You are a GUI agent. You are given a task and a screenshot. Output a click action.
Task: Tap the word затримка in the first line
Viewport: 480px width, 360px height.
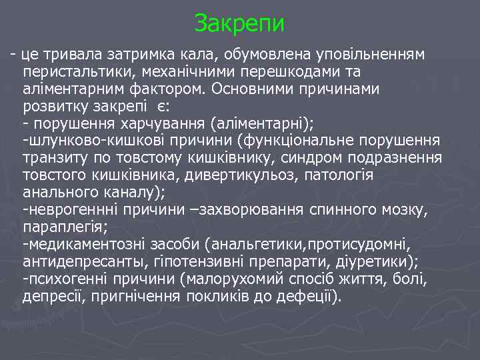pos(136,53)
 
